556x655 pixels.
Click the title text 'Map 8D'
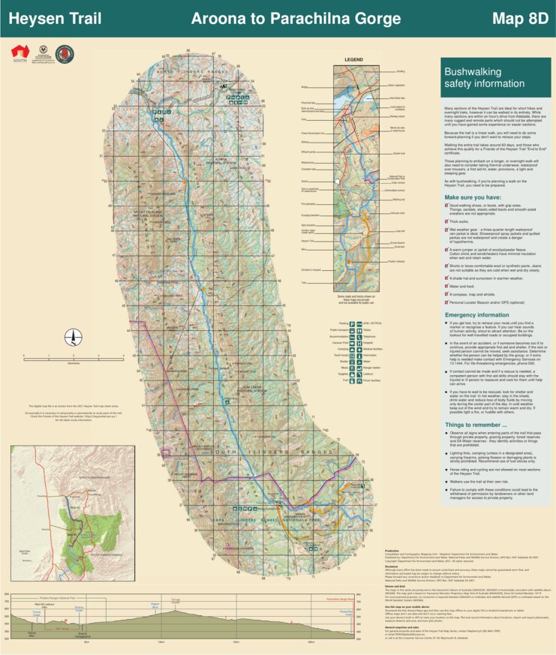click(520, 19)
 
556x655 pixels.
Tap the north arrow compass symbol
click(73, 338)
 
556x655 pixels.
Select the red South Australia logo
click(20, 53)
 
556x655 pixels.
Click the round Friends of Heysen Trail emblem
click(65, 53)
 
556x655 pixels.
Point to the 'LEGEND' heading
click(353, 59)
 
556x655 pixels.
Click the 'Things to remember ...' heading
click(476, 425)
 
